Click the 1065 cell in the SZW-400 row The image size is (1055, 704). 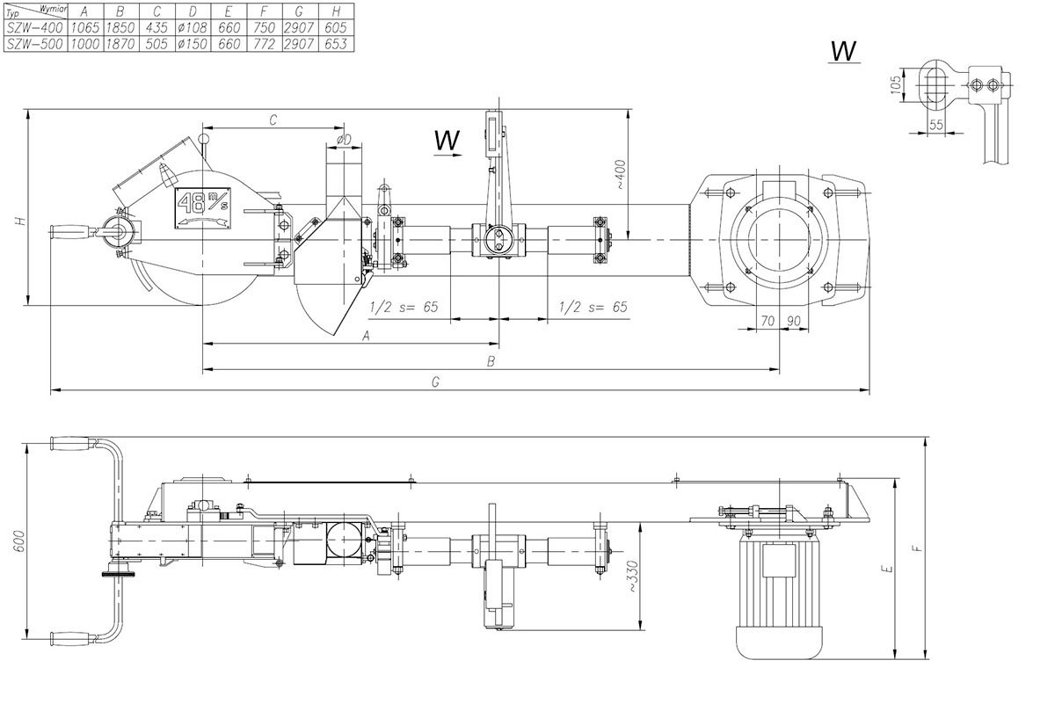click(x=84, y=27)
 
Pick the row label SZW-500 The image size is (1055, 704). click(x=34, y=43)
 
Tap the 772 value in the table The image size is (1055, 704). click(x=262, y=43)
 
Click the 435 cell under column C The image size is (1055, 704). click(x=156, y=27)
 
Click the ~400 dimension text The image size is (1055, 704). click(x=620, y=176)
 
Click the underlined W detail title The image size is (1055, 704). click(x=844, y=52)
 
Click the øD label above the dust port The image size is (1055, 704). click(x=344, y=139)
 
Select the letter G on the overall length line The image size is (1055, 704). click(x=435, y=381)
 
